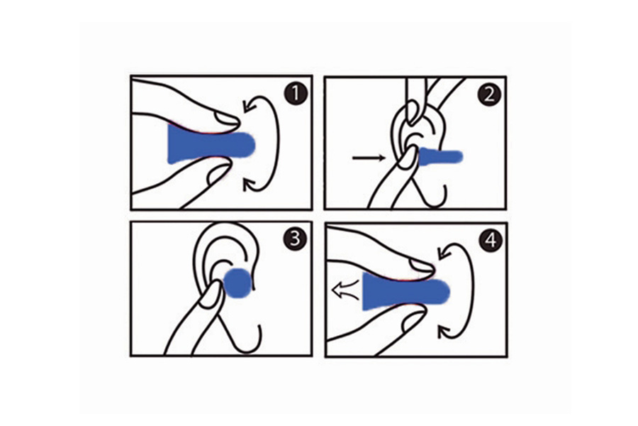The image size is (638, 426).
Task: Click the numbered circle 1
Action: coord(296,94)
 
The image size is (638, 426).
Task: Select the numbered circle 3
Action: coord(296,239)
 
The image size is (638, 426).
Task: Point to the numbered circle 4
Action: coord(491,240)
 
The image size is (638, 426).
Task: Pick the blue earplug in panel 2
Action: coord(441,156)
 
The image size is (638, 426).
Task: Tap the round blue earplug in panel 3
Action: coord(237,283)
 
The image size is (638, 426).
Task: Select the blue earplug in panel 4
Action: coord(405,291)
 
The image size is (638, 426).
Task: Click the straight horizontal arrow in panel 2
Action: coord(369,158)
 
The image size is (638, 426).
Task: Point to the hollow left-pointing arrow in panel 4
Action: coord(346,290)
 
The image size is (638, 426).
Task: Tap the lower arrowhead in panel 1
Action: coord(249,185)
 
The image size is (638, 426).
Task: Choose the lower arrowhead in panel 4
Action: coord(444,332)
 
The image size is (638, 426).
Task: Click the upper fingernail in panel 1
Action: coord(227,119)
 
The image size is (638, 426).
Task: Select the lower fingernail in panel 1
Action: coord(218,174)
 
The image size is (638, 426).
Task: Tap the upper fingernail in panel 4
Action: coord(422,266)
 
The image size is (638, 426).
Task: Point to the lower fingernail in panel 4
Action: coord(412,320)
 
